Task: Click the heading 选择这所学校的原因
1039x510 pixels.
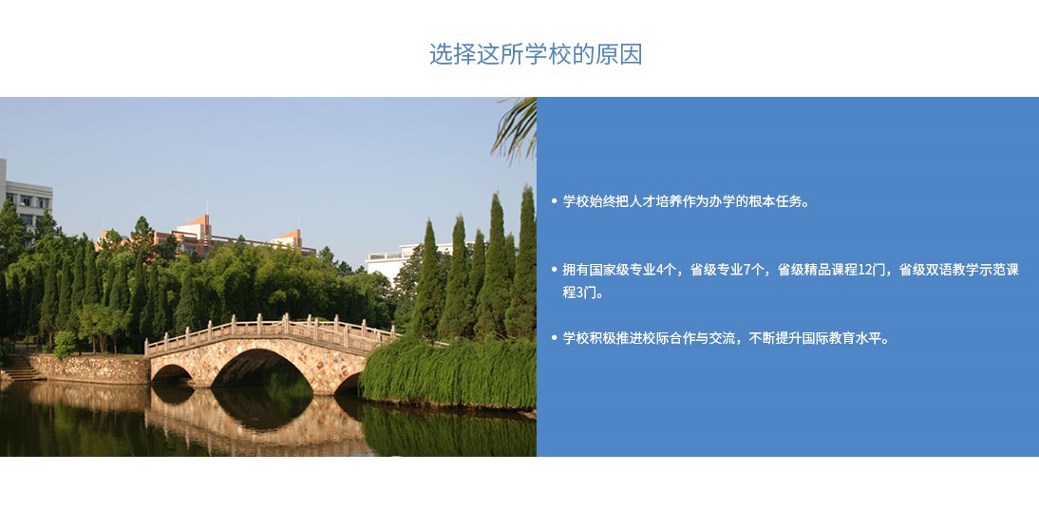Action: (536, 53)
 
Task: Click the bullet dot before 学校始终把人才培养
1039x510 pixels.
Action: (554, 200)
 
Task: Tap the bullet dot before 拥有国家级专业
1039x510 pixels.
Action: (554, 270)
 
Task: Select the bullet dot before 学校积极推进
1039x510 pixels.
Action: (554, 338)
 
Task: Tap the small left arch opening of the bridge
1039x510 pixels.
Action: (171, 373)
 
